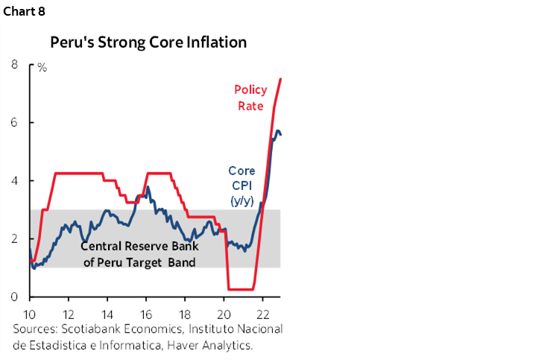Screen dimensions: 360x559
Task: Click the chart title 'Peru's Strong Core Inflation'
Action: [148, 42]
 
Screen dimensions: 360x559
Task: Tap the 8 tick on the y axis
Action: [14, 65]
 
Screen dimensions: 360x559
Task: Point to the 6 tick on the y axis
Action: [14, 123]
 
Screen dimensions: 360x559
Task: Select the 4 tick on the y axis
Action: [14, 181]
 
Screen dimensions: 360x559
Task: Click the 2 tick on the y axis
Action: [14, 239]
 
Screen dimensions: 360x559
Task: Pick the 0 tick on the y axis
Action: [14, 297]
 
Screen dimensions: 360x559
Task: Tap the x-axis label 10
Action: [30, 313]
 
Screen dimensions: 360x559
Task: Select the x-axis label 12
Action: [69, 313]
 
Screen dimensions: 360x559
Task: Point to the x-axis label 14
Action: [107, 313]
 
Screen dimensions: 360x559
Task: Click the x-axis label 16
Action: [146, 313]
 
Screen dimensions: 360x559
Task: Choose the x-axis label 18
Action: [185, 313]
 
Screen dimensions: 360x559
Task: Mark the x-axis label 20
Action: [224, 313]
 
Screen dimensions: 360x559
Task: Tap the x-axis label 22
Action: [262, 313]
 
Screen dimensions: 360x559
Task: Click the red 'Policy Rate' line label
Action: [250, 98]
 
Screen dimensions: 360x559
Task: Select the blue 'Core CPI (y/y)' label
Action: [241, 186]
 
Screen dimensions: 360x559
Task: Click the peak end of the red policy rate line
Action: [280, 79]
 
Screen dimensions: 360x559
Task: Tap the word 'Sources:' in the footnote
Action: [37, 329]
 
